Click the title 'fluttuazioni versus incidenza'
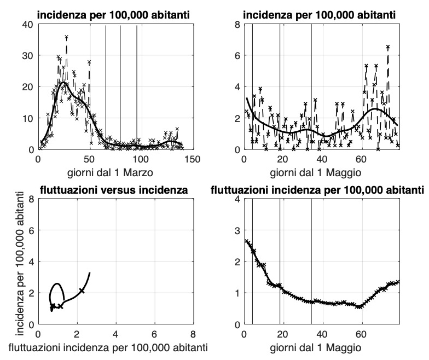[x=114, y=190]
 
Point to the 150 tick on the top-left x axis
[x=192, y=159]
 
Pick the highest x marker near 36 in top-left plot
[x=66, y=37]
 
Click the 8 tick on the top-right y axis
[x=236, y=24]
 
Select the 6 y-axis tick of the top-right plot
[x=236, y=55]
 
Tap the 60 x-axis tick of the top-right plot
[x=361, y=159]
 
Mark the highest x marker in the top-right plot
[x=387, y=47]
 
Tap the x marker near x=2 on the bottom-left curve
[x=82, y=291]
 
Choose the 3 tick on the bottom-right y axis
[x=236, y=230]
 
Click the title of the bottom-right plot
[x=317, y=190]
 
